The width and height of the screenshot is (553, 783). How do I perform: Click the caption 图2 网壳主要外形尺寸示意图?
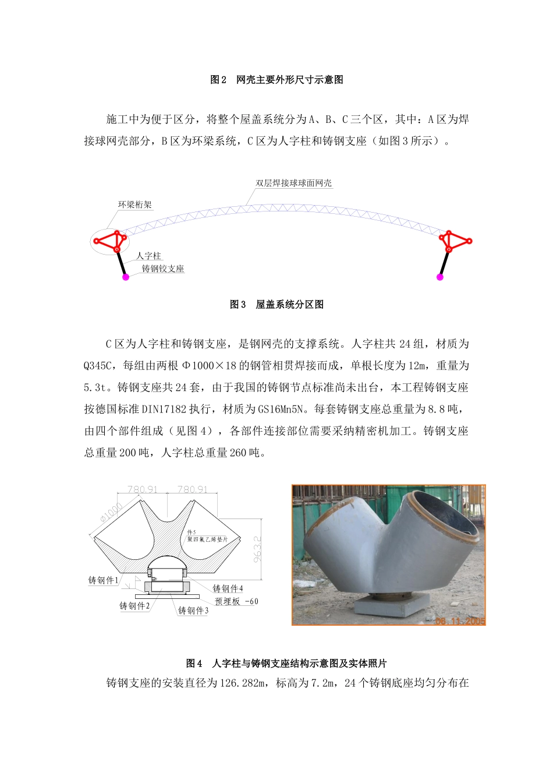point(276,80)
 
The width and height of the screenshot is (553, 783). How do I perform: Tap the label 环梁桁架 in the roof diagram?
point(135,204)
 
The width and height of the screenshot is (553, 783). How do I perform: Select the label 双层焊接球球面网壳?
point(294,183)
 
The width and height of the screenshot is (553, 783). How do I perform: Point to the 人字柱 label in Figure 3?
point(148,256)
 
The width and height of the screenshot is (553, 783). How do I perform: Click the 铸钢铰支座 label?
point(163,269)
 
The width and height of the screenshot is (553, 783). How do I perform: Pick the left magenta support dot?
point(125,277)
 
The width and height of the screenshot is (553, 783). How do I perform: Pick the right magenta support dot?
point(440,277)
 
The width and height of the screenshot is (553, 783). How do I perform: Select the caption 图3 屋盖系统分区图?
point(276,305)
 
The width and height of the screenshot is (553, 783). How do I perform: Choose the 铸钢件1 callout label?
point(103,580)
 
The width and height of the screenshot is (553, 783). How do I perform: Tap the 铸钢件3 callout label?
point(193,611)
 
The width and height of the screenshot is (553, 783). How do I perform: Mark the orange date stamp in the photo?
point(460,621)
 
